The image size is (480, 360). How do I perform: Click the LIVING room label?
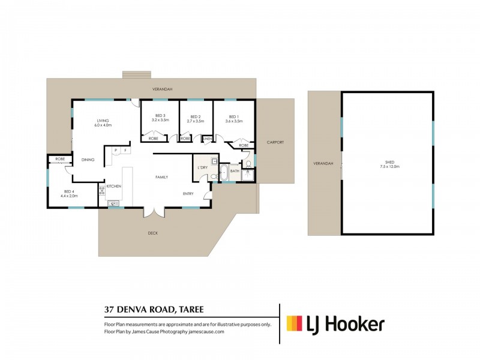coord(103,121)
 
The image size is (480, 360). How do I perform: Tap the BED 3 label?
coord(160,115)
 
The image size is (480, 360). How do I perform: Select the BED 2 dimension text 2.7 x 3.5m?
coord(196,121)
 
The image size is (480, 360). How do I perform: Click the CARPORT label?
coord(275,142)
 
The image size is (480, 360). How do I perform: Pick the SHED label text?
coord(389,162)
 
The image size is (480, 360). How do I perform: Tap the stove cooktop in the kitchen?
coord(102,191)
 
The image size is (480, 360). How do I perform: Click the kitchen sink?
coord(113,203)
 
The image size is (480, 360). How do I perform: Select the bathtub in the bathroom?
coord(223,173)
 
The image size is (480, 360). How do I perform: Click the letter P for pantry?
coord(116,151)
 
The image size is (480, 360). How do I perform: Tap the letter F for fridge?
coord(125,151)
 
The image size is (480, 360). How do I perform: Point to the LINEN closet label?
coord(208,139)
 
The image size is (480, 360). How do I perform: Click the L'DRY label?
coord(203,167)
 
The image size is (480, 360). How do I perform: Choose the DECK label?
coord(153,233)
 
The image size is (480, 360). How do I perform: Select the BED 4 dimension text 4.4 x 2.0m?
coord(69,196)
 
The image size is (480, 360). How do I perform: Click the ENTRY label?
coord(188,194)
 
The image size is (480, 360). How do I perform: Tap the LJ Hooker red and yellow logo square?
coord(295,323)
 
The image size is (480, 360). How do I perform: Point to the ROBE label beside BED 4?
coord(60,159)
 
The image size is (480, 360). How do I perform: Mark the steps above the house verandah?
coord(137,74)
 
